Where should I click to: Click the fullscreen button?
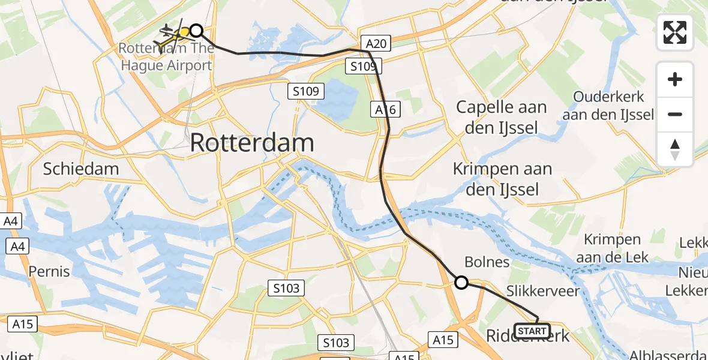675,32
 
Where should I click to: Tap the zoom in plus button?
675,79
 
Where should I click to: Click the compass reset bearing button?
675,149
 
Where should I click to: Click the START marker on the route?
532,331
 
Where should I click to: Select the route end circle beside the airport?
196,31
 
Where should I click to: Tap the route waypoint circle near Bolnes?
461,282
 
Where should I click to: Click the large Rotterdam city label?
252,143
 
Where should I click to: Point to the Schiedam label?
80,169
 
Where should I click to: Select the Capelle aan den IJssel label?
502,117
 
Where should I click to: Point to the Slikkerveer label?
543,292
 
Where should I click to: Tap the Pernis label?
49,271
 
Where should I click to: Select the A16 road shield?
385,109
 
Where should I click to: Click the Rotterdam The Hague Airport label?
166,56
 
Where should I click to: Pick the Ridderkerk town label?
528,336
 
